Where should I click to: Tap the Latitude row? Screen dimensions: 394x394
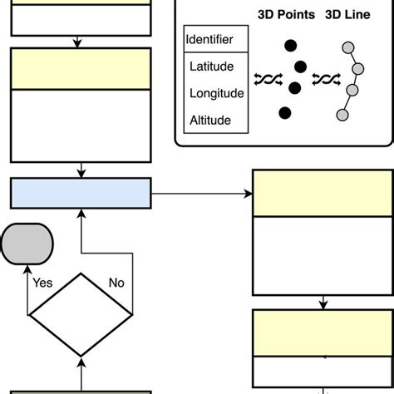[213, 66]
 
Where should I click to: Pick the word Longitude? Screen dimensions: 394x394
[216, 92]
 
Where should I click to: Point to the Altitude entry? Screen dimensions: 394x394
[210, 120]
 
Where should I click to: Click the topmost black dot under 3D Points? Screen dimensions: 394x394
[291, 47]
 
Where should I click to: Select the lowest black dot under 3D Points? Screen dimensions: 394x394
[285, 111]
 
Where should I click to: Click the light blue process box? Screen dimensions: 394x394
[81, 193]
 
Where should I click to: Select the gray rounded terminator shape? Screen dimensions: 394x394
[27, 244]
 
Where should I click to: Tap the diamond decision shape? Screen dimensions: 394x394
[81, 315]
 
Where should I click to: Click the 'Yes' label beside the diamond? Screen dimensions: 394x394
[42, 283]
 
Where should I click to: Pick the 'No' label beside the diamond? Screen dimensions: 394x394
[116, 283]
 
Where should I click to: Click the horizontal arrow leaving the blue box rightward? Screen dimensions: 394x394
[199, 194]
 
